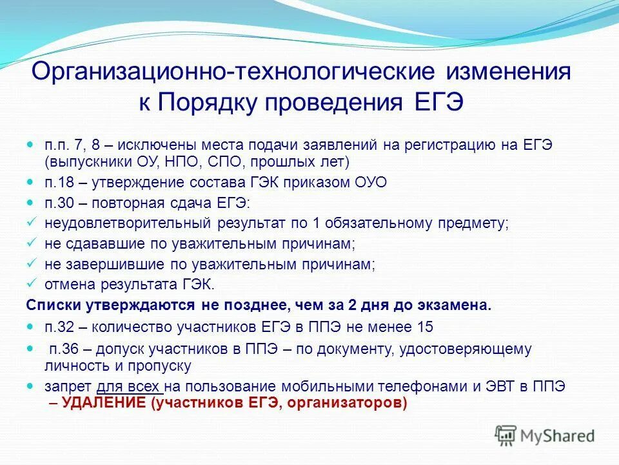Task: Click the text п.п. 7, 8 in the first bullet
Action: (67, 145)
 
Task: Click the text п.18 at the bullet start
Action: (58, 183)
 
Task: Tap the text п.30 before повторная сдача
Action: (58, 203)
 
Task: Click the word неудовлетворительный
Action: (126, 223)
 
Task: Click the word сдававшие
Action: (96, 244)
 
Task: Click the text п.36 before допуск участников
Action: (63, 349)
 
